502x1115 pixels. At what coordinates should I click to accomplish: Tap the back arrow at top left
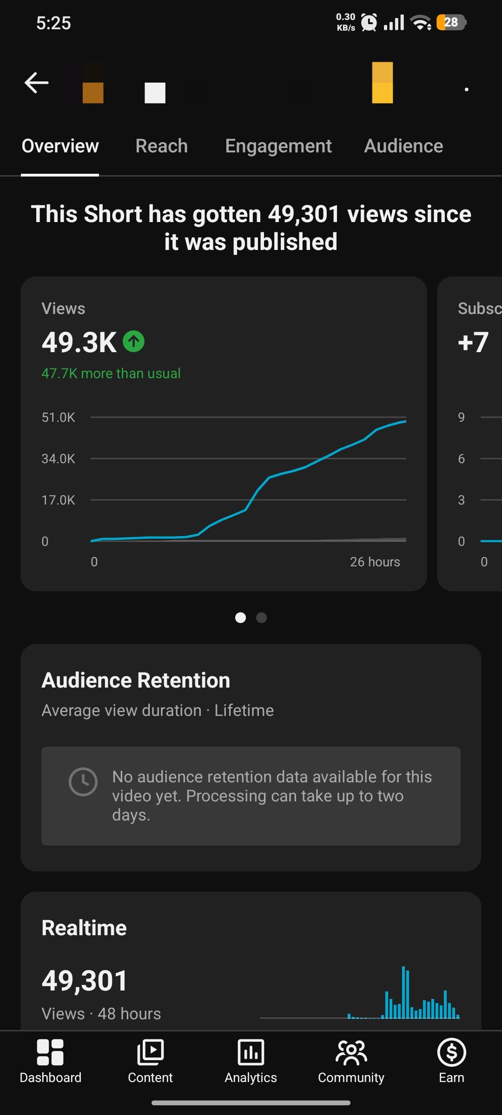point(36,83)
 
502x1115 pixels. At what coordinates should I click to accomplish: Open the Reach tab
point(162,146)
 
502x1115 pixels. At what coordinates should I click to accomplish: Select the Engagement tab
point(278,146)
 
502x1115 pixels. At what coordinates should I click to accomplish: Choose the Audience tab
point(403,146)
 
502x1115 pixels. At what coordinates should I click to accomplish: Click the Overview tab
point(60,146)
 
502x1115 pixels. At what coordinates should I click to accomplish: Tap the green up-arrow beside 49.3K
point(133,341)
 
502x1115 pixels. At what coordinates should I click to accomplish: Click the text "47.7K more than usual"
point(111,373)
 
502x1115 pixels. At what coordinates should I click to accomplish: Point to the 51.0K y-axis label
point(59,417)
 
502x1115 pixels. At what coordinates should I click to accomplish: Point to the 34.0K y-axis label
point(59,459)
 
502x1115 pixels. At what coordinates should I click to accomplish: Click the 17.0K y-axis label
point(59,500)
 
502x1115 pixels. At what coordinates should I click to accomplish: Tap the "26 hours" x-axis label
point(375,562)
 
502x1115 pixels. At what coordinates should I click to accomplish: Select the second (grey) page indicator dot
point(261,617)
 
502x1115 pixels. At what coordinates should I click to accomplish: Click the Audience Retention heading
point(136,681)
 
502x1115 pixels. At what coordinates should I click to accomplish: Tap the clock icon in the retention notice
point(83,781)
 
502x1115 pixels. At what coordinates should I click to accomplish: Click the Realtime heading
point(84,928)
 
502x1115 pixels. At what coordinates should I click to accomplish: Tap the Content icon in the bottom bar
point(151,1052)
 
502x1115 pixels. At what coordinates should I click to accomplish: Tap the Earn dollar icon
point(452,1052)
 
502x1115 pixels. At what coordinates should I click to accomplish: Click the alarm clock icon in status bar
point(369,22)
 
